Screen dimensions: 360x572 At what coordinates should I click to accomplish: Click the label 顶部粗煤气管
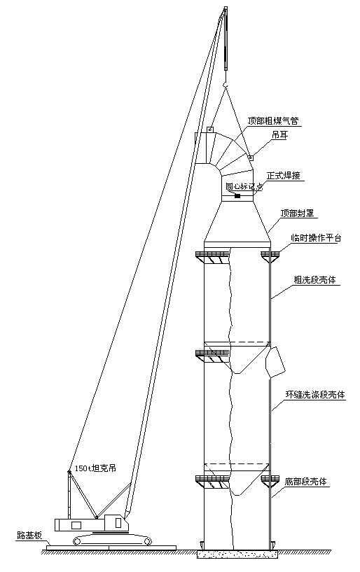(x=274, y=120)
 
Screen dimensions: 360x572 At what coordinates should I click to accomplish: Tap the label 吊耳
(x=279, y=134)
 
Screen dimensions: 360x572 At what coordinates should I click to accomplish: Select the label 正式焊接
(x=284, y=176)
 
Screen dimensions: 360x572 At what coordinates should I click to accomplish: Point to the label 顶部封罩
(x=297, y=213)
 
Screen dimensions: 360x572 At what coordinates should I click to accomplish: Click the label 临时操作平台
(x=316, y=238)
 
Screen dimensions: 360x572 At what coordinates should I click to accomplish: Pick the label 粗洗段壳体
(x=314, y=280)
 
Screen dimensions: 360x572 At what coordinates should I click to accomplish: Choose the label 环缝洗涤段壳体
(x=315, y=394)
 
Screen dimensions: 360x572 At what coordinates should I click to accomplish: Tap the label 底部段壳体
(x=305, y=481)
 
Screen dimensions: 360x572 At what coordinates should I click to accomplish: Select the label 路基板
(x=29, y=536)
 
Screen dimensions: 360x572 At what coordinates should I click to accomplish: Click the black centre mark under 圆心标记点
(x=237, y=196)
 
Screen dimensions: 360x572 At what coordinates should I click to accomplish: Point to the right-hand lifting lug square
(x=251, y=158)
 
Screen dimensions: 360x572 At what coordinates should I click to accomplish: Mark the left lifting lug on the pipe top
(x=210, y=130)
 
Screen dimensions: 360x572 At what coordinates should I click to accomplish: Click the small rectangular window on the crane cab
(x=76, y=525)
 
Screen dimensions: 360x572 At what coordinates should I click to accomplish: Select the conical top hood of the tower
(x=237, y=222)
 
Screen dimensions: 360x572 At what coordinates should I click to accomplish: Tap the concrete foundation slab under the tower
(x=237, y=554)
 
